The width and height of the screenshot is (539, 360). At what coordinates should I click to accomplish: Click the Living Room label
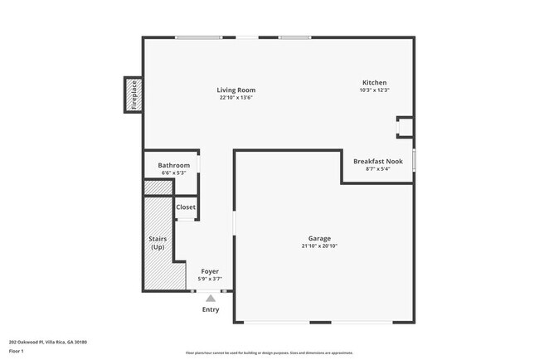pos(236,90)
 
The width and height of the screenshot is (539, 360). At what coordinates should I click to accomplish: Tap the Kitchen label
pos(374,82)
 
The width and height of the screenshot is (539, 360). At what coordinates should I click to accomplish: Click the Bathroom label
pos(174,165)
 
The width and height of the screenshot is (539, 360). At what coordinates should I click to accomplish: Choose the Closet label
pos(186,207)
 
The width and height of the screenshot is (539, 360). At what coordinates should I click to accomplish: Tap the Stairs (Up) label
pos(158,243)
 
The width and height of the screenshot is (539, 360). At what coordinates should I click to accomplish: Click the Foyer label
pos(211,271)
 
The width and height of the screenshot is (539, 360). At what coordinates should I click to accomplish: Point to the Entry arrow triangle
pos(211,298)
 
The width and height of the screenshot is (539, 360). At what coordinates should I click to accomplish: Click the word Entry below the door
pos(211,309)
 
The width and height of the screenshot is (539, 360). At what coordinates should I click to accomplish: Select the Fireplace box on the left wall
pos(133,95)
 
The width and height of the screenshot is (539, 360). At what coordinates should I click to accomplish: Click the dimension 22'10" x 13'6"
pos(236,98)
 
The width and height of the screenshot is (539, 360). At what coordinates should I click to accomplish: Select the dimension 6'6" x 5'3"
pos(174,173)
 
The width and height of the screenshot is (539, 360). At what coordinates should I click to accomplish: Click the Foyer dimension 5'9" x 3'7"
pos(211,279)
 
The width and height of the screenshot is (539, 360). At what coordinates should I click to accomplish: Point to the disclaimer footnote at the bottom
pos(269,353)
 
